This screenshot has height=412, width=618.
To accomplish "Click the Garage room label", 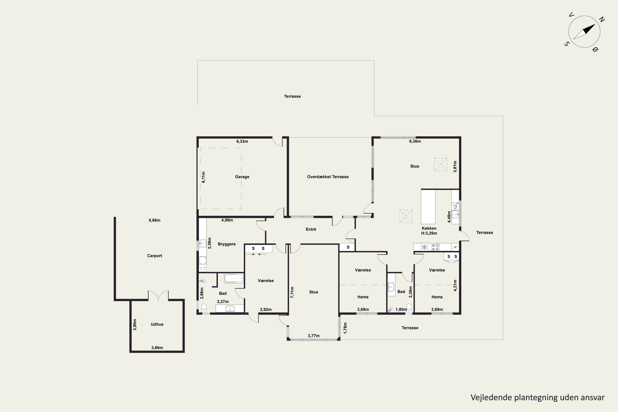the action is coord(242,177).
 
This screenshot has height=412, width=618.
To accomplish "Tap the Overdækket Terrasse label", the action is coord(328,177).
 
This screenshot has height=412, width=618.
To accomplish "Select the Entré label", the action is coord(311,229).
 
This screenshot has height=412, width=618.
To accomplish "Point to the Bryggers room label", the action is coord(226,244).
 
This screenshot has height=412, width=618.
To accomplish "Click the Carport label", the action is coord(154,256).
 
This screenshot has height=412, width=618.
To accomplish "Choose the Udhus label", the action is coord(157,324).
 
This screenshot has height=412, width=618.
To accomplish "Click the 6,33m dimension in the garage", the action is coord(242,141).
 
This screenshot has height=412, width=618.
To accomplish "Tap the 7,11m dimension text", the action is coord(292,292).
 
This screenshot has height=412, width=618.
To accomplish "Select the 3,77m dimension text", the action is coord(314,336).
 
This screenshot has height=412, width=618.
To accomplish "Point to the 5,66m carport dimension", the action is coord(154,220).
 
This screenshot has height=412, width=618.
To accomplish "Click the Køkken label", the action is coord(429,228).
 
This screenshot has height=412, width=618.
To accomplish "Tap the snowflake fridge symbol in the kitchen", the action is coord(424,247).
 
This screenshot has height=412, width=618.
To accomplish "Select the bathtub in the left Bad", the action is coord(234,278).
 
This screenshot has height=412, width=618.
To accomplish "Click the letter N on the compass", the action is coord(602,19).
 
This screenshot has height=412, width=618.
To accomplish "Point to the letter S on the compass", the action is coord(567,44).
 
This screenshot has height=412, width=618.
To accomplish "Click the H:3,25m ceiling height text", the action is coord(429,233).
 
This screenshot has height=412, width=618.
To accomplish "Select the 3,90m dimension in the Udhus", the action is coord(135,324).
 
